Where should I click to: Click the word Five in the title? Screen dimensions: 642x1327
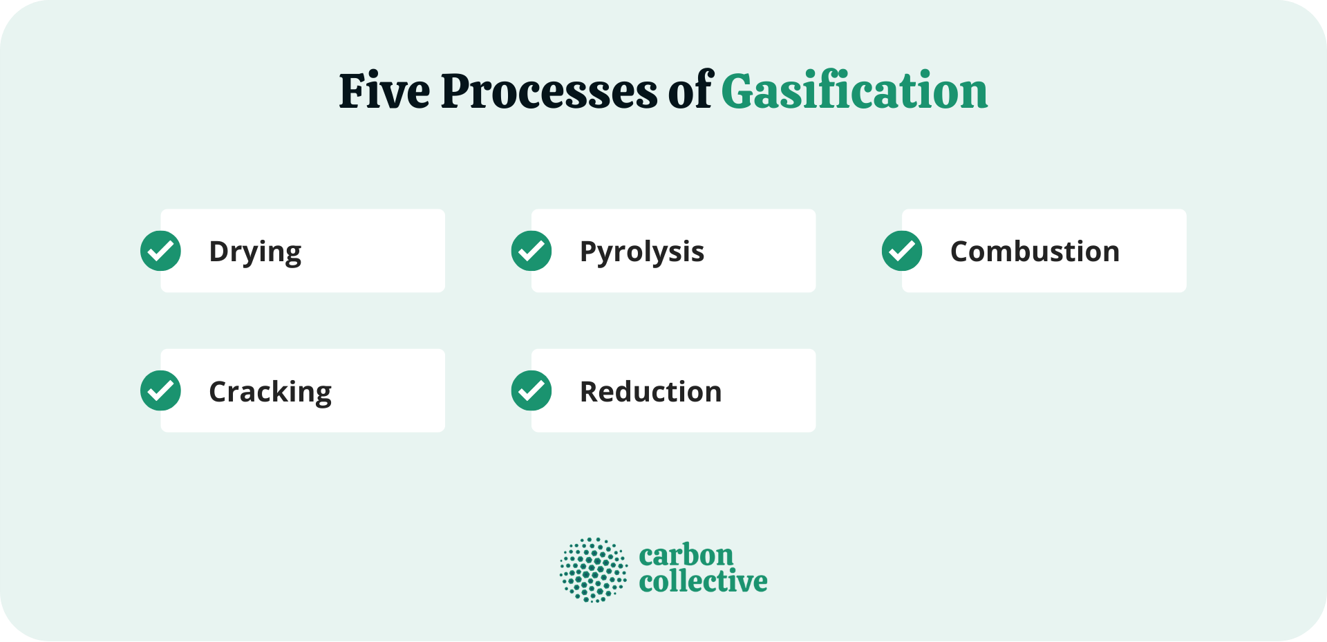384,91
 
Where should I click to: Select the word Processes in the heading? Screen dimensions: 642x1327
549,92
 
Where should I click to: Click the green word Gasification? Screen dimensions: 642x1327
854,91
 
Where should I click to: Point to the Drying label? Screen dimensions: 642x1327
255,252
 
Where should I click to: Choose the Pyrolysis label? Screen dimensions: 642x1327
641,252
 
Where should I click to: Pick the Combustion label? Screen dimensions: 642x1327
1035,252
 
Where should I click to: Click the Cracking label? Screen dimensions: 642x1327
270,392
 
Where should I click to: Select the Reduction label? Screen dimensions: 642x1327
650,392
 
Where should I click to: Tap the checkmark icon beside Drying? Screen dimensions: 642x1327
160,251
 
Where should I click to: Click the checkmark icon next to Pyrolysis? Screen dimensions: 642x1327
531,251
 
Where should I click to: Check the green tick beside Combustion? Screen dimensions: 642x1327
902,251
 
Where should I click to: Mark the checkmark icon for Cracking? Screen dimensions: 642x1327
160,390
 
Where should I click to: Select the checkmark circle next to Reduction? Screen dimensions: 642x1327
531,390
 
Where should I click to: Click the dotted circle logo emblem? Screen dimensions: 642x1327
593,570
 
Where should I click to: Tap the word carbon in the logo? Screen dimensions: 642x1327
686,555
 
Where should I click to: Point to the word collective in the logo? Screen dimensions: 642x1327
703,581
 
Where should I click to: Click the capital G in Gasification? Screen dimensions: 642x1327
739,91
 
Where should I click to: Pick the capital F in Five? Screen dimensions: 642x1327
352,91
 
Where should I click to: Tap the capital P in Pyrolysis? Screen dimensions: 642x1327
588,251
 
